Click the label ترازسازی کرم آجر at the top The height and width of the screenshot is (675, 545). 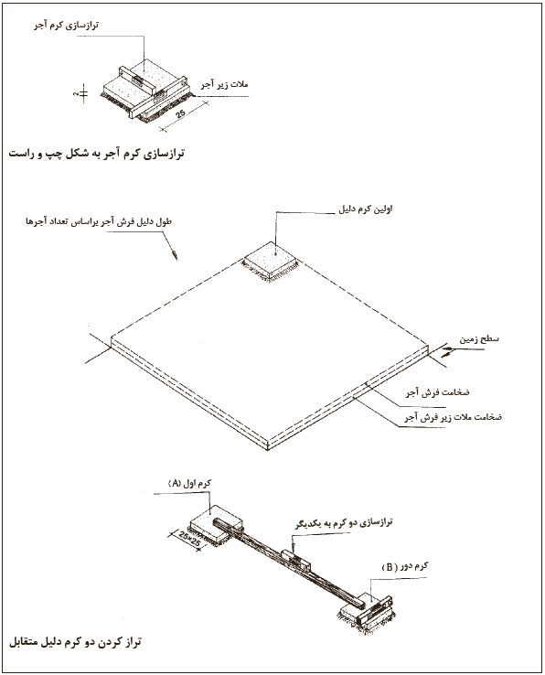[66, 26]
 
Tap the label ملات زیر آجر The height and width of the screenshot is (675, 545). [224, 84]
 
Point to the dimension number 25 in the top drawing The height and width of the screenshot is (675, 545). [181, 113]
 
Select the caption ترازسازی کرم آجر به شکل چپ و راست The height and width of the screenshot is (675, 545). [96, 154]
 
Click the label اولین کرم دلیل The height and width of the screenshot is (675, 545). [365, 209]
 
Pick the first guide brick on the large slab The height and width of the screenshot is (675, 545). [271, 261]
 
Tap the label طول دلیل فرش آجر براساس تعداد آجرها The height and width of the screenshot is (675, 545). [99, 222]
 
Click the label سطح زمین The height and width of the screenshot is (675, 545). [479, 338]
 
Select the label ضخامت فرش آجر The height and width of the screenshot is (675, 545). [437, 392]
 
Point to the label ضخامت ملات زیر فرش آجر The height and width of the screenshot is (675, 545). [453, 417]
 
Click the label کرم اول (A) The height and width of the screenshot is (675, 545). [189, 484]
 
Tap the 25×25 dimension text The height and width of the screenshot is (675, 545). [190, 540]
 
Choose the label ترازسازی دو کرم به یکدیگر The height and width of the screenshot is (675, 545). [344, 523]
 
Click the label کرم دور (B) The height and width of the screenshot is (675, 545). [405, 566]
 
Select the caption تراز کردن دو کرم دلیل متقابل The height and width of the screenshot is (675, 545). [75, 643]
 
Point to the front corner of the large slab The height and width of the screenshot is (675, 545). [267, 450]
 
